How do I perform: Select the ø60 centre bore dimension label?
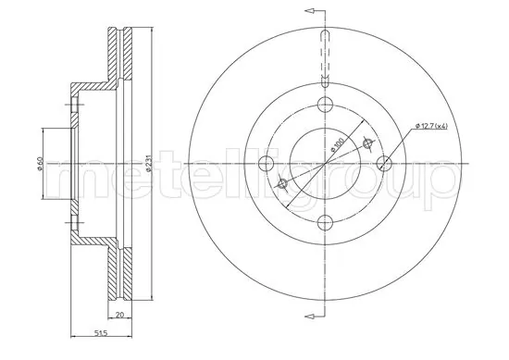point(39,164)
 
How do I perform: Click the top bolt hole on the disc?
point(324,106)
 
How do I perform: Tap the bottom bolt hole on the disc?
point(324,222)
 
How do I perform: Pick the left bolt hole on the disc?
point(266,164)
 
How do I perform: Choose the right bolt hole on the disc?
point(382,164)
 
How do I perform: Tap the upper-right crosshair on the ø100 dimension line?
point(367,143)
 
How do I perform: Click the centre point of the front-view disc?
point(324,164)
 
